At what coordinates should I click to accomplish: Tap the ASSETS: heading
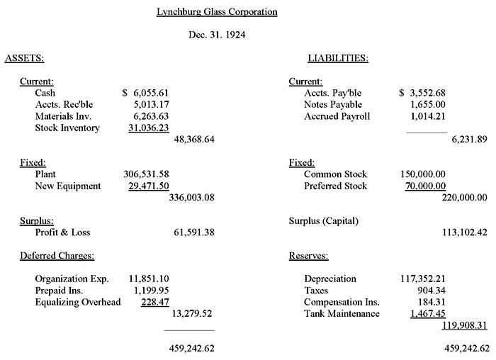25,58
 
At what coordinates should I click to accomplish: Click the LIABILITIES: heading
337,58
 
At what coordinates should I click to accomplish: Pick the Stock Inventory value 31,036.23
147,128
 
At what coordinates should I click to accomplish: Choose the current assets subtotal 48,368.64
193,140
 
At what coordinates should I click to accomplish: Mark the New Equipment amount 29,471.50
147,186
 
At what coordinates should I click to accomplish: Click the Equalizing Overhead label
78,302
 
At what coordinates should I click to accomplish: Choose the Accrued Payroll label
337,116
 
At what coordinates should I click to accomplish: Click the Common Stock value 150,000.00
424,174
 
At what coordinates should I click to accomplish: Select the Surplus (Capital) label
324,220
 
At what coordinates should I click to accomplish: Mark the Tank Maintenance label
342,313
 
